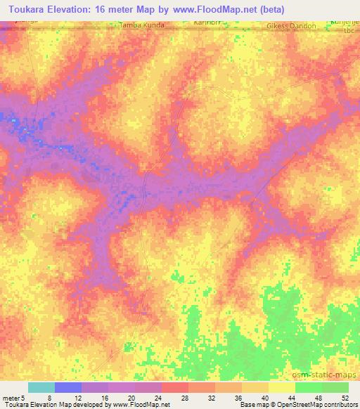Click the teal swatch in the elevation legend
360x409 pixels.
(x=41, y=387)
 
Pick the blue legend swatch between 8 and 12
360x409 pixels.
(x=68, y=387)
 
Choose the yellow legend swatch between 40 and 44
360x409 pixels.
(x=281, y=387)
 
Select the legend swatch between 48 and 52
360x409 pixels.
(x=335, y=387)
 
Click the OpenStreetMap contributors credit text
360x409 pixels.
(x=323, y=405)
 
